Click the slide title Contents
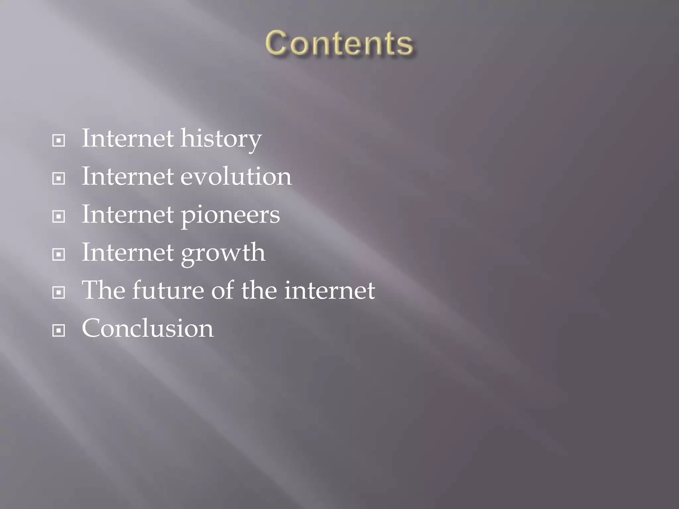(x=339, y=43)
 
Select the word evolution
(x=236, y=176)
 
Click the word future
(x=168, y=290)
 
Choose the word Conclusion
(x=148, y=328)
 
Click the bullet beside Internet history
(x=59, y=141)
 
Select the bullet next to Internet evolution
(x=59, y=179)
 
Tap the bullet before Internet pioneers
(x=59, y=217)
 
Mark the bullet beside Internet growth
(x=59, y=255)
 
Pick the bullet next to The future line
(x=59, y=293)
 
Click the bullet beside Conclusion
(x=59, y=330)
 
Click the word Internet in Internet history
(x=128, y=138)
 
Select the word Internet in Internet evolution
(x=128, y=176)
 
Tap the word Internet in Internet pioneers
(x=128, y=214)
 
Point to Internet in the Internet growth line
(x=128, y=253)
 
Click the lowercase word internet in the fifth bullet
(x=330, y=291)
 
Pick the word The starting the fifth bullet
(x=103, y=290)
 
